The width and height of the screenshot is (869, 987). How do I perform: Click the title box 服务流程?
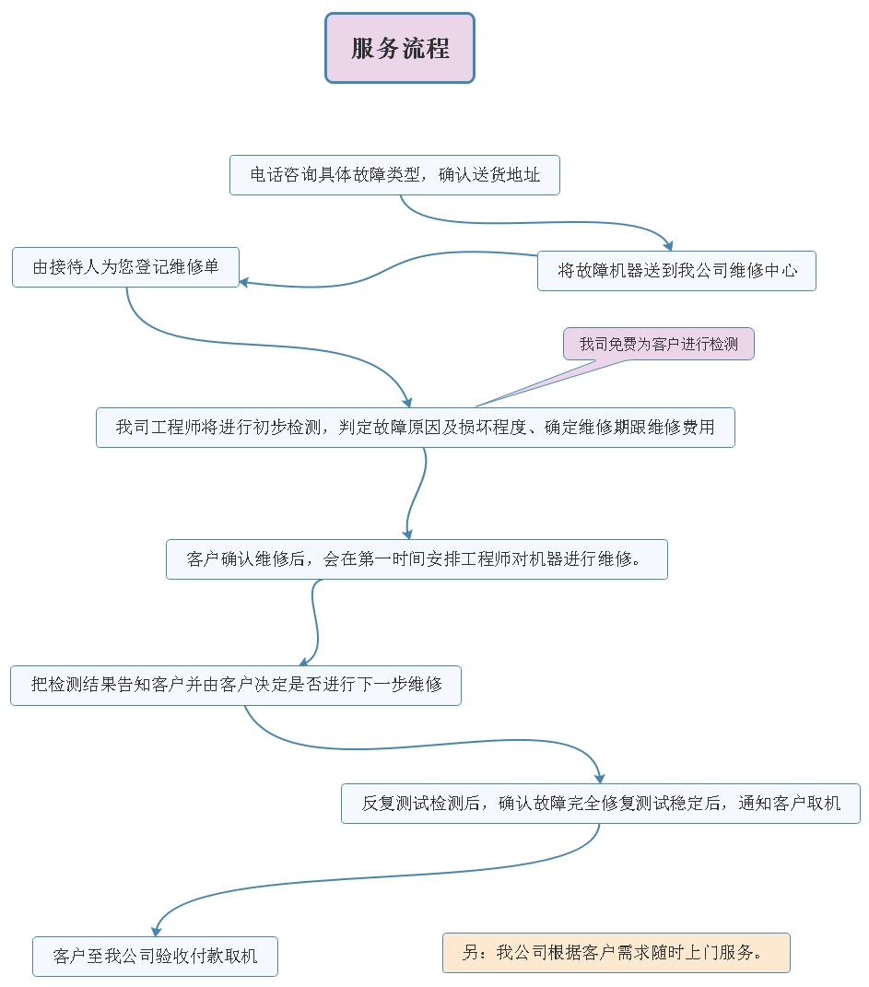(x=400, y=48)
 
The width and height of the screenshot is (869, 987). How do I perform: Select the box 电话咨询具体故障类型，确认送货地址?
(x=394, y=175)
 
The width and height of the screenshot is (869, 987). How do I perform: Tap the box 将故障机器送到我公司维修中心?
(x=676, y=271)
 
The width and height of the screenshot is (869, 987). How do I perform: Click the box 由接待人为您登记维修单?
(x=125, y=267)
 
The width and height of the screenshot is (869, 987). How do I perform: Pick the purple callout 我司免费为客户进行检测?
(x=658, y=344)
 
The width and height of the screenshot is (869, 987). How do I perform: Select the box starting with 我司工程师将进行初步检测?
(x=415, y=428)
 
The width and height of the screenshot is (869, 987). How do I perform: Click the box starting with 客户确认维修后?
(x=417, y=559)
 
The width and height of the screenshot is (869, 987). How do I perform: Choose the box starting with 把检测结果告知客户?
(x=235, y=685)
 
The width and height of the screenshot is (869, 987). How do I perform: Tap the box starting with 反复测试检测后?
(x=600, y=804)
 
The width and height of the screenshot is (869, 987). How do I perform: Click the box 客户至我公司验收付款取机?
(x=155, y=957)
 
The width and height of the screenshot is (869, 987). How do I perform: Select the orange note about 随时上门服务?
(x=616, y=953)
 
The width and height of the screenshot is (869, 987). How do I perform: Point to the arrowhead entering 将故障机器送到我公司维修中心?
(x=670, y=245)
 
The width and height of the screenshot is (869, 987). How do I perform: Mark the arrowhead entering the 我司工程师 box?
(x=407, y=401)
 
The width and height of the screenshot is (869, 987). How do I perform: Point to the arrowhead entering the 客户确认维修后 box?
(x=407, y=533)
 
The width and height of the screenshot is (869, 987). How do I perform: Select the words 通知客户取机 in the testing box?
(x=790, y=804)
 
